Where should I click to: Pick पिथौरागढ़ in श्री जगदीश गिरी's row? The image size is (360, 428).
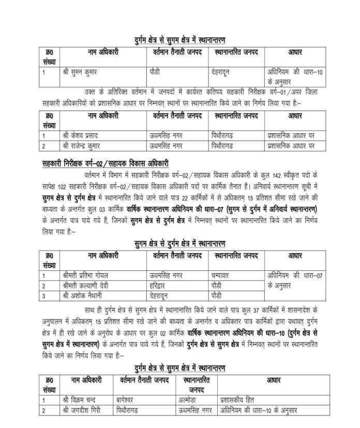[129, 410]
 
